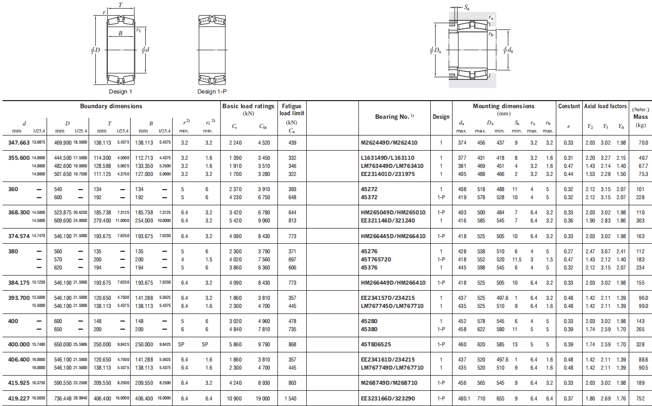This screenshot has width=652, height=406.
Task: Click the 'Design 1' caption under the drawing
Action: click(120, 92)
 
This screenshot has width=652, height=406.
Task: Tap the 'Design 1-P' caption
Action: click(212, 92)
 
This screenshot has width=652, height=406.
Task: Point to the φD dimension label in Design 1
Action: click(95, 50)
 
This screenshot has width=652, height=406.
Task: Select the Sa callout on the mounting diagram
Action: click(467, 8)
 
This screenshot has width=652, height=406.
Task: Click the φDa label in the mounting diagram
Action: click(435, 50)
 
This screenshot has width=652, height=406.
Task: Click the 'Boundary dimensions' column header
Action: click(111, 106)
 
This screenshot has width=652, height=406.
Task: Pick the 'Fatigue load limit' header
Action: click(292, 110)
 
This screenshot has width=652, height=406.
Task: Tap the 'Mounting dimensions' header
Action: click(504, 106)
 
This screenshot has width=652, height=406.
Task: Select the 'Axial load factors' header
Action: click(605, 106)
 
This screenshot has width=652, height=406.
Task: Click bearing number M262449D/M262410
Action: click(389, 143)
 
